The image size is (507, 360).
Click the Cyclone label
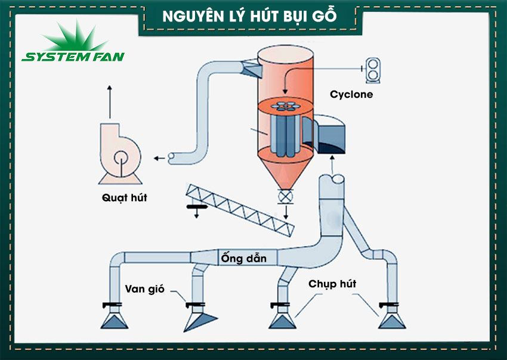tap(351, 94)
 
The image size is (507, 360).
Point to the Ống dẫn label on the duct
tap(243, 258)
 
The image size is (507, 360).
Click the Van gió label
tap(144, 289)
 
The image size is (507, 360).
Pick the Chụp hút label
tap(332, 284)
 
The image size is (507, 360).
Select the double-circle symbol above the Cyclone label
tap(374, 70)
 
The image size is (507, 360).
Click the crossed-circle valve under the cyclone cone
tap(286, 196)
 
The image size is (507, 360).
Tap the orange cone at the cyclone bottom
tap(286, 173)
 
